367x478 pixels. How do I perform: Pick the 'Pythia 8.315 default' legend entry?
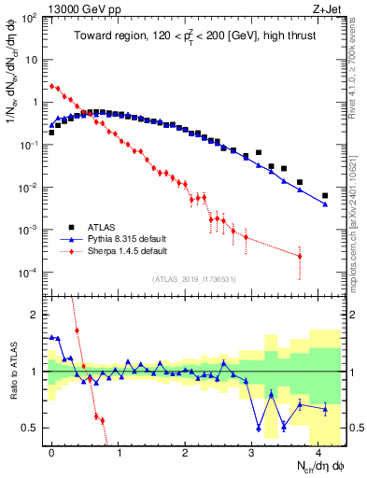pos(128,239)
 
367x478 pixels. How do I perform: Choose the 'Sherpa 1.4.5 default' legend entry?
pos(129,251)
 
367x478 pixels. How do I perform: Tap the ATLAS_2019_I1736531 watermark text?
pos(194,279)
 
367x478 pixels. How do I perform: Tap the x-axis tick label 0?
pos(51,452)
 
